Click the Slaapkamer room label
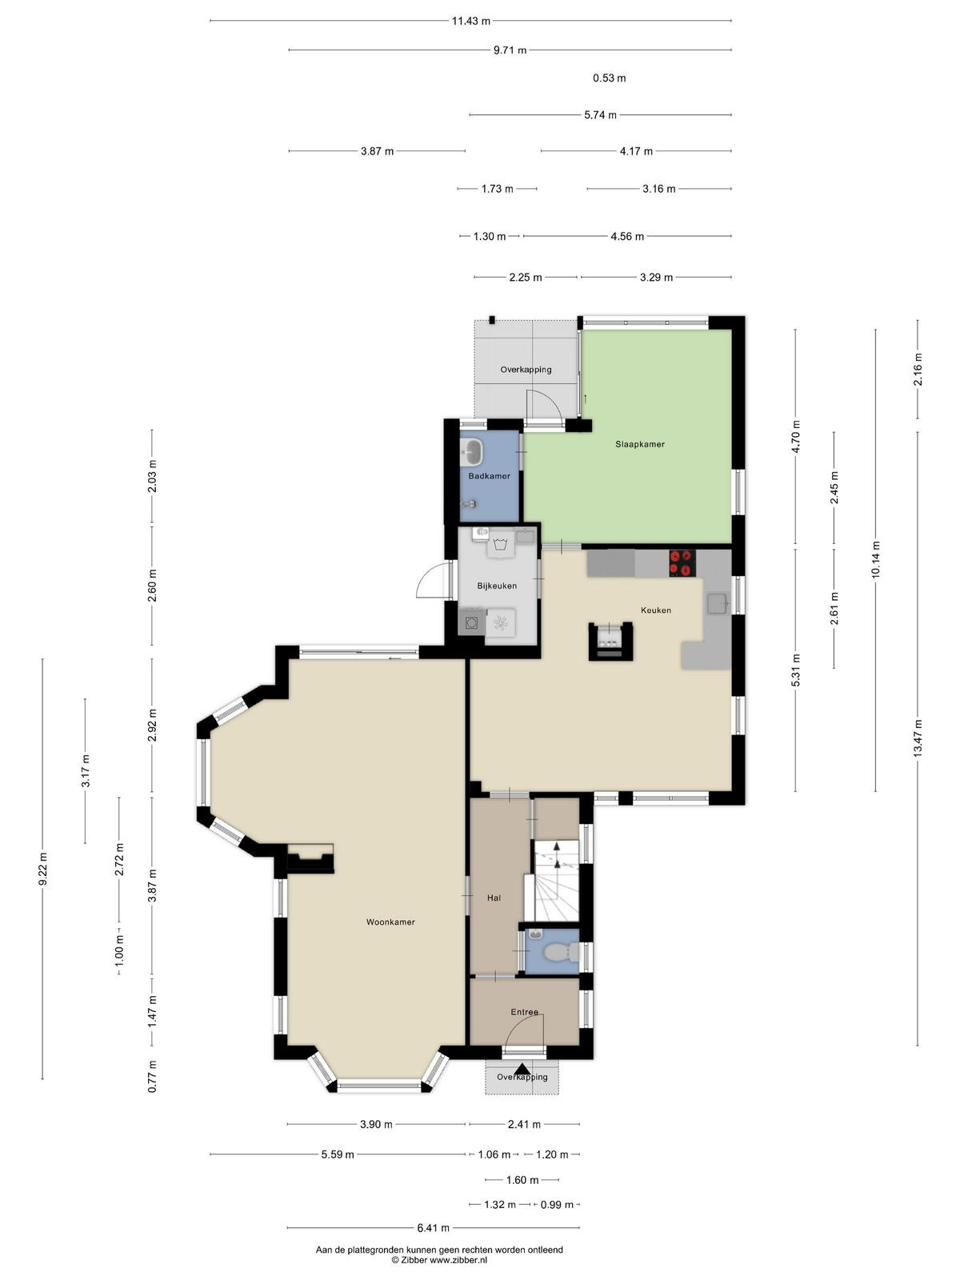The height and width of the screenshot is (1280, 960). coord(639,444)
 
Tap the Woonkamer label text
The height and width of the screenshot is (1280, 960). coord(390,922)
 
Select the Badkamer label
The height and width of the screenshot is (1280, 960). coord(489,476)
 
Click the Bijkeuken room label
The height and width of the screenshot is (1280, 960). coord(497,586)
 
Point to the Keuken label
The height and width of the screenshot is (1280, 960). coord(656,610)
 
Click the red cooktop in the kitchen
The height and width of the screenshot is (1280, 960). coord(682,563)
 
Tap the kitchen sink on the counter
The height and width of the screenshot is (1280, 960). coord(717,603)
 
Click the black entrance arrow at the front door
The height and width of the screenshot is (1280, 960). coord(522,1069)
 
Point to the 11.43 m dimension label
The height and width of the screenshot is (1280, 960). coord(471,21)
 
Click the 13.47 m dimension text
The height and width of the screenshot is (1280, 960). coord(918,738)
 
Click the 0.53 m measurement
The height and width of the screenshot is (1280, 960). coord(609,78)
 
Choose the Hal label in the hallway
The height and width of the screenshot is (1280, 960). coord(494,898)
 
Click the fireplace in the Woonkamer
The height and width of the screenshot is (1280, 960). coord(310,858)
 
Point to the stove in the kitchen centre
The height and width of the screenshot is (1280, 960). coord(610,641)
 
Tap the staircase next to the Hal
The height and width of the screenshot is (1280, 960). coord(557,881)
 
